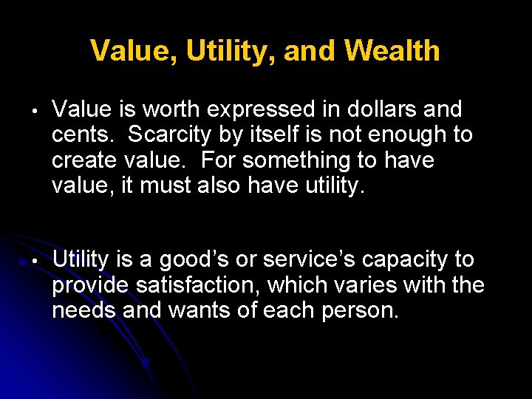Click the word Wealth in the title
click(392, 51)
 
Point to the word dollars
click(386, 110)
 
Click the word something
click(282, 160)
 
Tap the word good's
click(171, 259)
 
